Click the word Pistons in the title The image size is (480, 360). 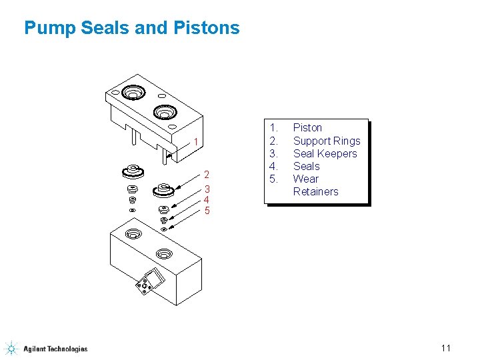click(x=206, y=28)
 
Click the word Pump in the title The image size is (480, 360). click(x=46, y=28)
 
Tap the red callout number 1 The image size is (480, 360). click(x=196, y=141)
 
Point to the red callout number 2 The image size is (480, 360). click(x=207, y=175)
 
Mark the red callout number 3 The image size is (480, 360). click(x=207, y=189)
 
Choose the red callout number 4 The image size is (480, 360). click(x=207, y=199)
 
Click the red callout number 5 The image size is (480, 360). click(x=207, y=211)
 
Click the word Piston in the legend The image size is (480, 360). click(x=307, y=127)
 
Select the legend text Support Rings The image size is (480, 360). click(x=327, y=141)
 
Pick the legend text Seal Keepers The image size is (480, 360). click(x=325, y=153)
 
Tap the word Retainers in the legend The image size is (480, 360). click(x=316, y=191)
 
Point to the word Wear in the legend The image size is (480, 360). click(x=306, y=179)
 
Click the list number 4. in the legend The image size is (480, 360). click(x=273, y=166)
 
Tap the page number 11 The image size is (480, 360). click(x=446, y=347)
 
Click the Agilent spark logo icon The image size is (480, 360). click(x=11, y=348)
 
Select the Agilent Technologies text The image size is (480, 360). click(x=55, y=349)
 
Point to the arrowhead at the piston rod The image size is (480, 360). click(x=169, y=155)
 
